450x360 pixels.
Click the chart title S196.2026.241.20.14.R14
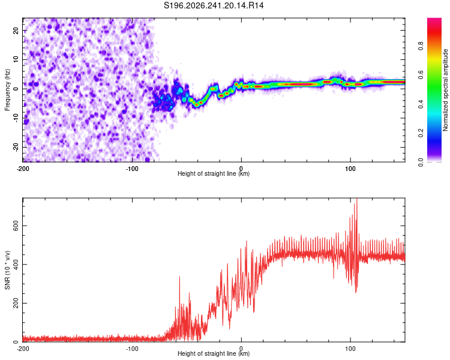pyautogui.click(x=214, y=5)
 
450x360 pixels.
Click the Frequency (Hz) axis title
pyautogui.click(x=7, y=89)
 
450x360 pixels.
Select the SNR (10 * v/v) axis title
pyautogui.click(x=7, y=270)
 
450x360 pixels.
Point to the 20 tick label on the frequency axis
pyautogui.click(x=16, y=31)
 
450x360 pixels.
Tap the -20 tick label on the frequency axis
pyautogui.click(x=16, y=148)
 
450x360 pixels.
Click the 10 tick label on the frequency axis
pyautogui.click(x=16, y=60)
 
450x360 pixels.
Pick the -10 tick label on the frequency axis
pyautogui.click(x=16, y=118)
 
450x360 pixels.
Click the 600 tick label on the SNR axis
pyautogui.click(x=16, y=226)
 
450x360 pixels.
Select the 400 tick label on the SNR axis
pyautogui.click(x=16, y=265)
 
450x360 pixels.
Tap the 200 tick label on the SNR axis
pyautogui.click(x=16, y=303)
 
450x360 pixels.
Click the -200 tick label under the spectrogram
pyautogui.click(x=23, y=169)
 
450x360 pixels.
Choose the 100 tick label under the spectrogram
pyautogui.click(x=350, y=169)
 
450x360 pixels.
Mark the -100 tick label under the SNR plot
pyautogui.click(x=132, y=349)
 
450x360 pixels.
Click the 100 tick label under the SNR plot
pyautogui.click(x=350, y=349)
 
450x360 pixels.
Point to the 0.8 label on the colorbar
pyautogui.click(x=421, y=46)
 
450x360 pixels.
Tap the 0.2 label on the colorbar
pyautogui.click(x=421, y=133)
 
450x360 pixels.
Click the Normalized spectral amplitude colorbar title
pyautogui.click(x=445, y=89)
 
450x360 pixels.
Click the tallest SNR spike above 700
pyautogui.click(x=357, y=199)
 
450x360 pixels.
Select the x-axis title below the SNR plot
pyautogui.click(x=214, y=353)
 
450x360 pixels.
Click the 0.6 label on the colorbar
pyautogui.click(x=421, y=75)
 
